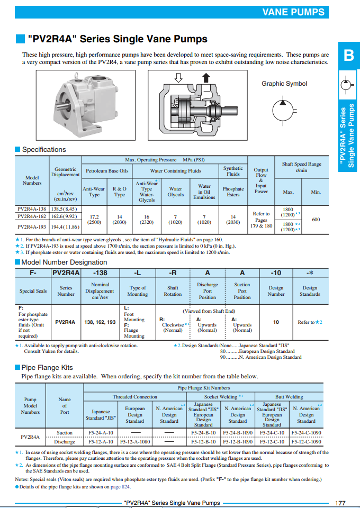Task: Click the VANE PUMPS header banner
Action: (x=293, y=12)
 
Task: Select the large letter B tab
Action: (x=348, y=55)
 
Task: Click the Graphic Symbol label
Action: (x=284, y=84)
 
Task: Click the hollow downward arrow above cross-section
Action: (x=178, y=78)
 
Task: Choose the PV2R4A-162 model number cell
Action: (x=32, y=216)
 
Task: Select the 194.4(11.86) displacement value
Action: (x=66, y=226)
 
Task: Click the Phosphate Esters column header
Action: (x=233, y=192)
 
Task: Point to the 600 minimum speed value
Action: (x=316, y=219)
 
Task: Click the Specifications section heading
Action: (x=44, y=150)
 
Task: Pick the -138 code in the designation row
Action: (x=100, y=273)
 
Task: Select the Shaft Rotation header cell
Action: (x=173, y=291)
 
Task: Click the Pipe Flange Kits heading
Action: (x=47, y=367)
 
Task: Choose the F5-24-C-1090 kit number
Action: (x=306, y=432)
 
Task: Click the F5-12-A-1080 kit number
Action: (x=135, y=441)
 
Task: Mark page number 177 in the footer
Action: (x=340, y=503)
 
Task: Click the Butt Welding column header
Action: (x=289, y=397)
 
